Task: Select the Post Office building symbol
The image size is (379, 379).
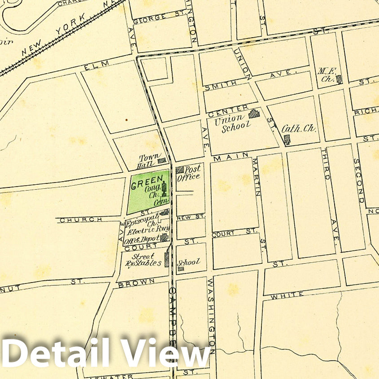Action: (x=180, y=170)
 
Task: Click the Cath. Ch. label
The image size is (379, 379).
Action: (x=299, y=129)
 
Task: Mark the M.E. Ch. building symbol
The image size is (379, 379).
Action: (x=339, y=79)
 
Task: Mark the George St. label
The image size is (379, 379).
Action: (x=152, y=18)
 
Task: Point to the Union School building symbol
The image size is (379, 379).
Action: (x=254, y=114)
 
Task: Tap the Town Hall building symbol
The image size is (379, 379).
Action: (x=161, y=160)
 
